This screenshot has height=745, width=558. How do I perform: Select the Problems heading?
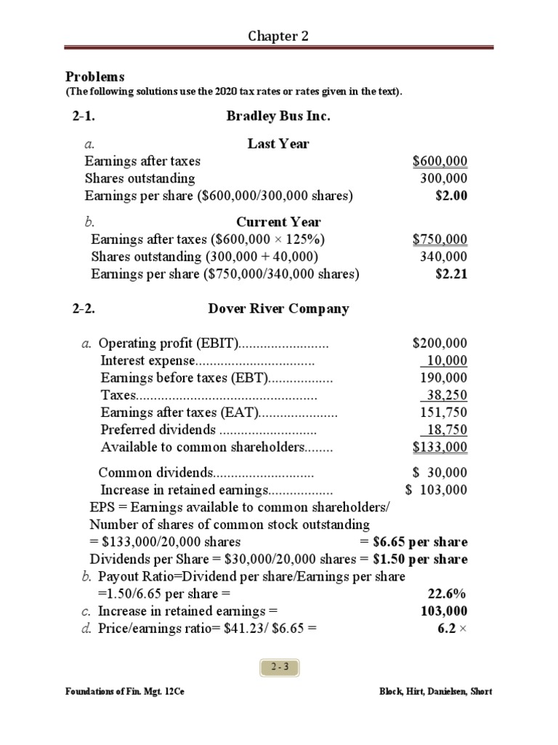pos(95,76)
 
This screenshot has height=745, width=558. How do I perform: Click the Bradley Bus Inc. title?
pos(278,116)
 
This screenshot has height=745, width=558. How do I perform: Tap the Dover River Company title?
pos(278,308)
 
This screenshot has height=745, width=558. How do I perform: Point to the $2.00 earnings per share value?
pos(451,196)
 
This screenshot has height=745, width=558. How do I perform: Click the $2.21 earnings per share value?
pos(451,274)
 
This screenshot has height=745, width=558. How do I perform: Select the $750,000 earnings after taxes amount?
pos(440,239)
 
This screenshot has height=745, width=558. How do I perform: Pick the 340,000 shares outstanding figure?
pos(444,257)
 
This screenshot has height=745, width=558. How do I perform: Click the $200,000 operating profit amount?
pos(440,343)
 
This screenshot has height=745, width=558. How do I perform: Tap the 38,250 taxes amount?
pos(445,396)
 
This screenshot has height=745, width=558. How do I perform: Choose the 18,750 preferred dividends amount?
pos(445,430)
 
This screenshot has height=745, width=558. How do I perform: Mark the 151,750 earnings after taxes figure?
pos(444,413)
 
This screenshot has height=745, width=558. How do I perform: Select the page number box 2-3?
pos(279,666)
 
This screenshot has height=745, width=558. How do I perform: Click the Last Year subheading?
pos(278,144)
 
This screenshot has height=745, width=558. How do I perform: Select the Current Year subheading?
pos(278,222)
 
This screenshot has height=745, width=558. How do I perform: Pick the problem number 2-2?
pos(84,308)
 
